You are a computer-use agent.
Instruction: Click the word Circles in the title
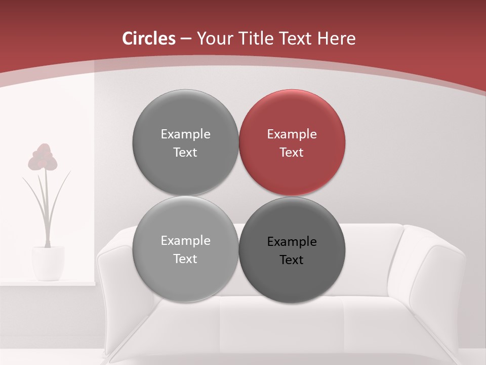point(149,39)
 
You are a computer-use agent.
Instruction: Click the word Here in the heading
point(337,39)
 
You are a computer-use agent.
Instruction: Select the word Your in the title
point(215,39)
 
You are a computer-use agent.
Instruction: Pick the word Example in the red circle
point(292,134)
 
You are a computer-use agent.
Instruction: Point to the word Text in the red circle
point(292,153)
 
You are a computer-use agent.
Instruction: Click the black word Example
point(292,242)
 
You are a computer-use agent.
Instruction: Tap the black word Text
point(292,260)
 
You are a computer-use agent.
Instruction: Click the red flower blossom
point(43,157)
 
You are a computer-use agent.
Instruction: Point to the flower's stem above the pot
point(47,213)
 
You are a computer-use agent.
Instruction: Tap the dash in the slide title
point(186,39)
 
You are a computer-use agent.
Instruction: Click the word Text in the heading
point(295,39)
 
